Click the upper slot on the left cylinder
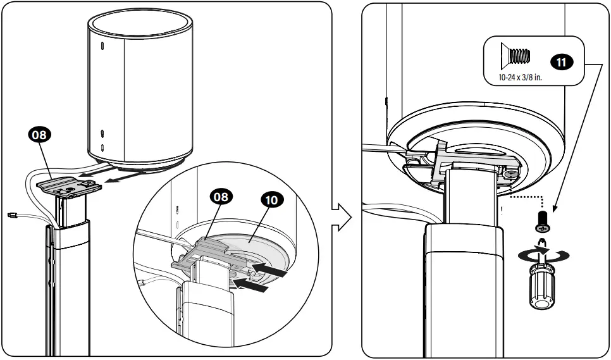click(x=102, y=48)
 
